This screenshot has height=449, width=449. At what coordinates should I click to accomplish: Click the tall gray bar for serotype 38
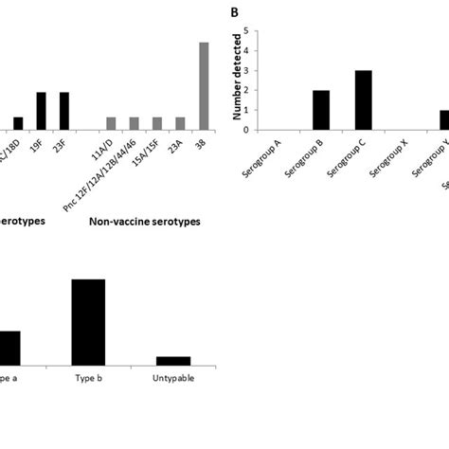tap(203, 86)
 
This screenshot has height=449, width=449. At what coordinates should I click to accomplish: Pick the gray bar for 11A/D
tap(111, 124)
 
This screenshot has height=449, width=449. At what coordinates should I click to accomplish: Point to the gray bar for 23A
tap(180, 124)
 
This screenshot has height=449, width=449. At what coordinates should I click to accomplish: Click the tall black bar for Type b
tap(89, 321)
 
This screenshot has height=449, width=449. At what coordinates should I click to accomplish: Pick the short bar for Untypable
tap(172, 360)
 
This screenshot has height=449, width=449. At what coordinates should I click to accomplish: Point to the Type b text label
tap(89, 376)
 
